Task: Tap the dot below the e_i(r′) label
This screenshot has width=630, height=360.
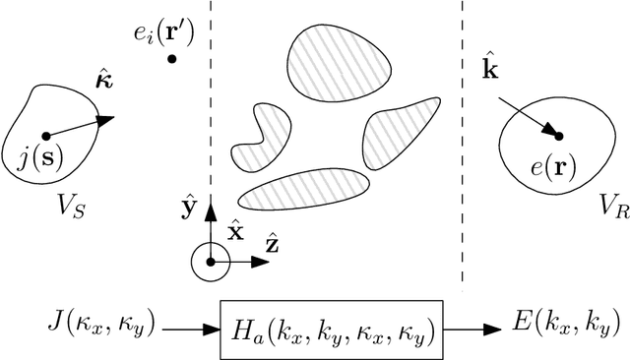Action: [x=172, y=59]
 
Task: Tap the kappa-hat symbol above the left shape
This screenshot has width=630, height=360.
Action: [x=102, y=79]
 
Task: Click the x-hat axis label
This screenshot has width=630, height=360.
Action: [x=236, y=233]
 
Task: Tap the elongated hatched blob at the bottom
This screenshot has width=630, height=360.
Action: [x=304, y=188]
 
